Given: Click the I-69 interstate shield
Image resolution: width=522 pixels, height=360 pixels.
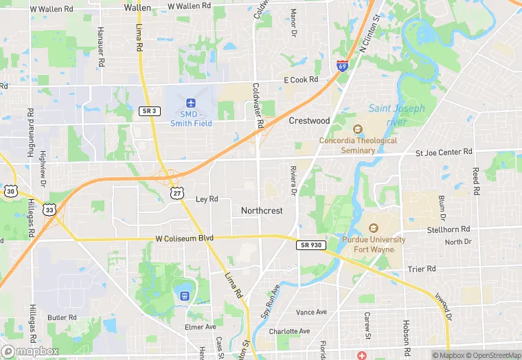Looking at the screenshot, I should coord(342,66).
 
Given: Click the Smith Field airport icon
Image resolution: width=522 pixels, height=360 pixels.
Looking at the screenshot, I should coord(191,103).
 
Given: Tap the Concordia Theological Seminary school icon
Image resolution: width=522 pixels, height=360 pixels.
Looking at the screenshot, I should coord(357,129).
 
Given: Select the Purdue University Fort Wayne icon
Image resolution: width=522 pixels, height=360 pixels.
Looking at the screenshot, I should coord(374,228).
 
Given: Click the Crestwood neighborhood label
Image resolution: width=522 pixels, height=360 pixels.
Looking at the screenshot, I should coord(309,120).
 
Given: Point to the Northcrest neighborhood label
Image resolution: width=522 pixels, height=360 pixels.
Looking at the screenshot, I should coord(262,211).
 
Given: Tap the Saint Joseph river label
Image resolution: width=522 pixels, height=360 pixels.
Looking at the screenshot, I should coord(396,115).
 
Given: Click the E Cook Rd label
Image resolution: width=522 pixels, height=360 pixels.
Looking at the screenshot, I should coord(301,80).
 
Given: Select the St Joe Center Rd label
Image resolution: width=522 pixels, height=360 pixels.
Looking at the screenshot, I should coord(444,151).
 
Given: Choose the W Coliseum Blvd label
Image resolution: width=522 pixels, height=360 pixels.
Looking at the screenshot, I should coord(184,238).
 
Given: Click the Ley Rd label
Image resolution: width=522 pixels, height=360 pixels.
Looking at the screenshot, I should coord(207,199).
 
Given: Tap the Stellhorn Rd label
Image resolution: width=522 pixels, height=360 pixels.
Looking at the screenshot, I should coord(448,229).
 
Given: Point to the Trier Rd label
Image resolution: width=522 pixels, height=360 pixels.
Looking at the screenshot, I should coord(422,269).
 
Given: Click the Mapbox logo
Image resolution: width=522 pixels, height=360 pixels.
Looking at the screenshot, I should coord(31,350).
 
